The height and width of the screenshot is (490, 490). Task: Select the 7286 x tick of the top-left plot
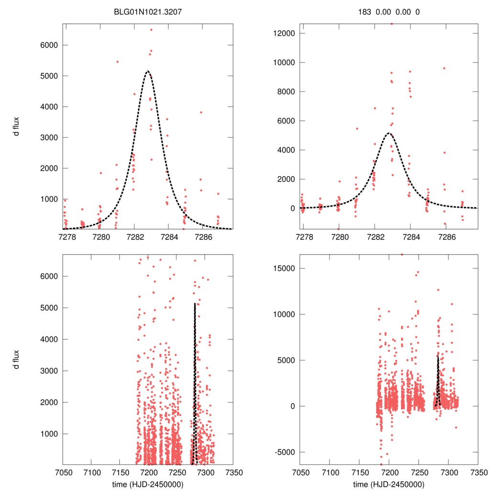202,236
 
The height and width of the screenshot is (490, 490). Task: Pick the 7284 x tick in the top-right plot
411,236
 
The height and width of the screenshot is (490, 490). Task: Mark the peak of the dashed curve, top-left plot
148,71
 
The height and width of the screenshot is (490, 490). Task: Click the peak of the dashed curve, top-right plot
389,133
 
